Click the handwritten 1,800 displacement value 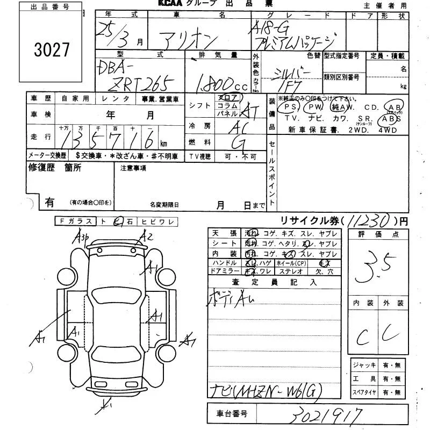pos(215,83)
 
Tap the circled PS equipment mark pos(288,107)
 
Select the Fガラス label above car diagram pos(75,221)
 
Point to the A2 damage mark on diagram pos(146,236)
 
